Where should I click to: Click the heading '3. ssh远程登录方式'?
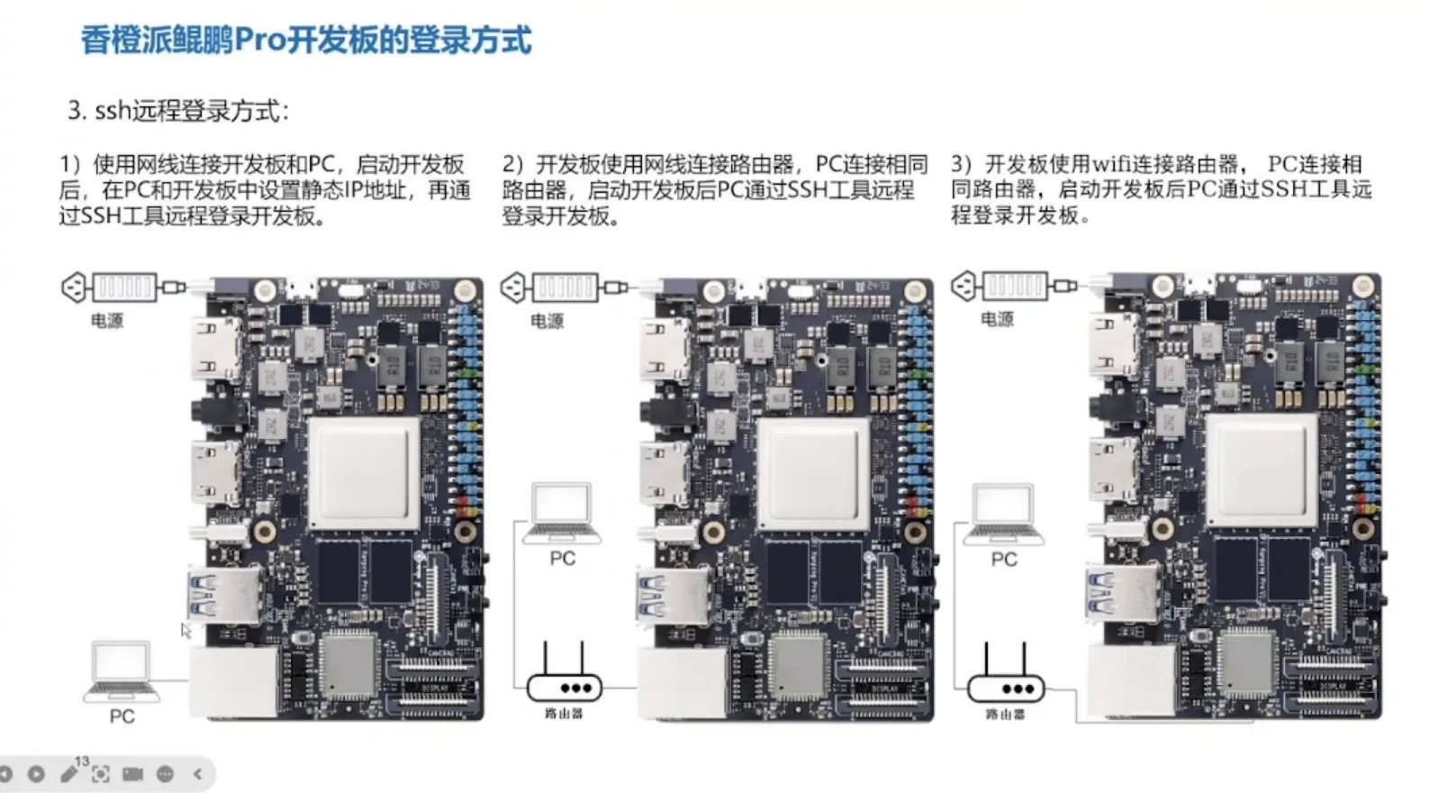178,112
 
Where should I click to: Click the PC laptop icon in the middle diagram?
562,514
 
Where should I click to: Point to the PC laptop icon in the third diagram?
1003,515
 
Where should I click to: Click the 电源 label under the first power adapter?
107,321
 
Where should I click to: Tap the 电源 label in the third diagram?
997,319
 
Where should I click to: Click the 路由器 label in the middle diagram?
565,714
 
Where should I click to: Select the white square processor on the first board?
365,473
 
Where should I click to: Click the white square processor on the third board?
1261,471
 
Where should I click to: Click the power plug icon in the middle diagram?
513,287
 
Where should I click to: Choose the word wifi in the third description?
1111,165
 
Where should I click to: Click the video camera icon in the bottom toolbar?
132,774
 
